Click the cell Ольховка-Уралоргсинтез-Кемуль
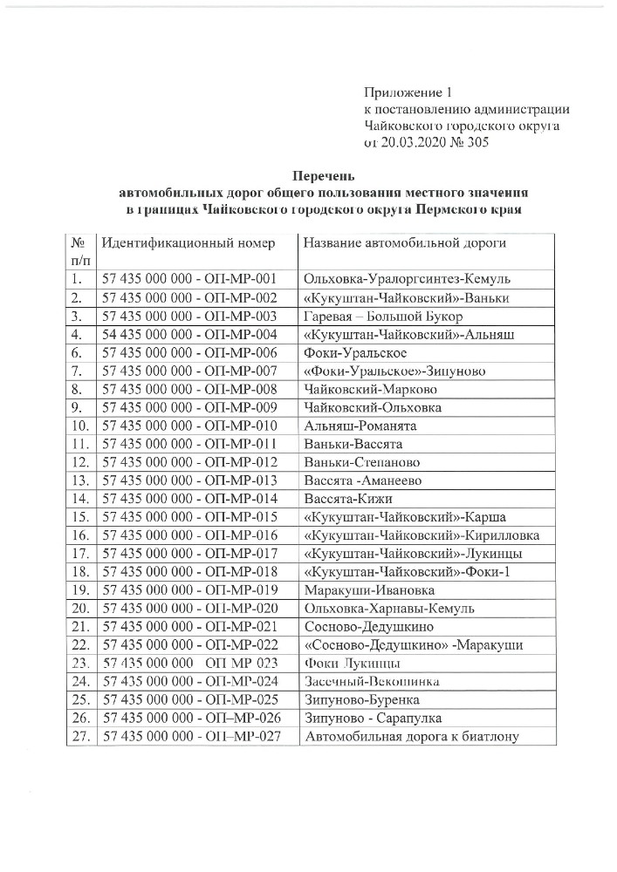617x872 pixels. point(406,279)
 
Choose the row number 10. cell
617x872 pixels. point(79,426)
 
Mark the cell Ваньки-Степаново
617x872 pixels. point(361,462)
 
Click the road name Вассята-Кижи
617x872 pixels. point(348,499)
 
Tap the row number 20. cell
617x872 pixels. point(79,608)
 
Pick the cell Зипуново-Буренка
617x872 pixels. point(361,699)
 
